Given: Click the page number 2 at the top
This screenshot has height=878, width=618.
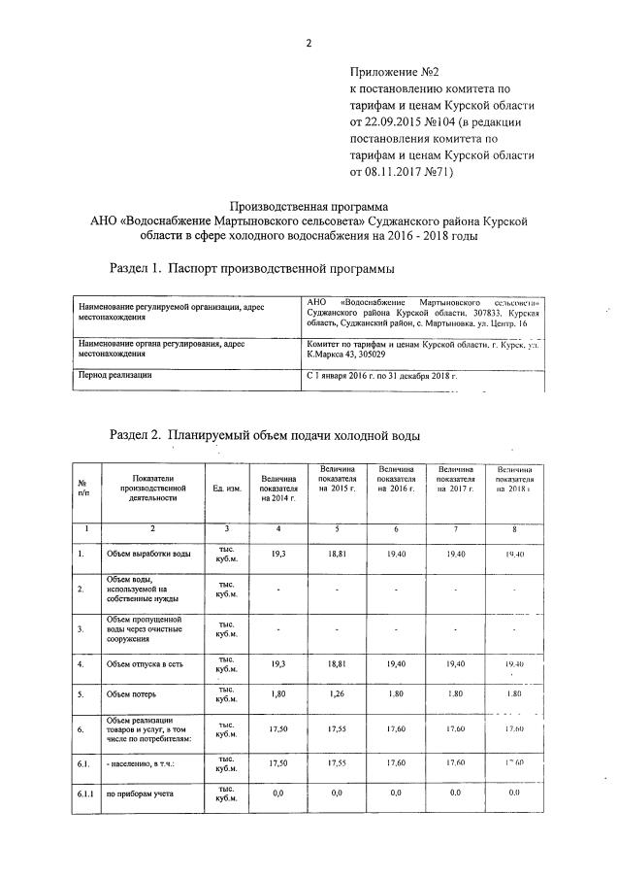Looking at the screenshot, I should coord(309,43).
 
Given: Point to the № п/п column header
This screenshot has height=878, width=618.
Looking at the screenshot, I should coord(83,488).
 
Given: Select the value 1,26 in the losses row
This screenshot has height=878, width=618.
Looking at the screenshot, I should coord(337,695).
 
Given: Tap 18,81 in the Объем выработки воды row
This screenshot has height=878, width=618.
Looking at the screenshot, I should coord(337,553).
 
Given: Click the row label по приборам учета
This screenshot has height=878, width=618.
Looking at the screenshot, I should coord(140,794).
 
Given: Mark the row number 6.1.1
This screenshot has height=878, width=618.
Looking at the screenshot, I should coord(86,794).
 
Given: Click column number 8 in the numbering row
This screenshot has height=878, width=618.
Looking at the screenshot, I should coord(514,528).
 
